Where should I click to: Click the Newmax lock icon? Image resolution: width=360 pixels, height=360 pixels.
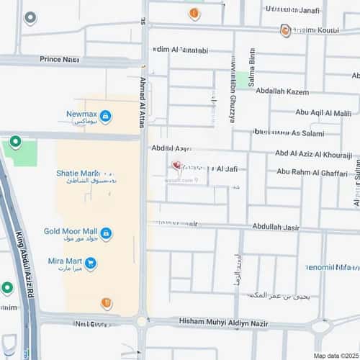pos(105,116)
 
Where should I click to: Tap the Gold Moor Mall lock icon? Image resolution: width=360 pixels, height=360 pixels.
pos(106,233)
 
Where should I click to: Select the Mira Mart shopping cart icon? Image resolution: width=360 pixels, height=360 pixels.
pos(90,264)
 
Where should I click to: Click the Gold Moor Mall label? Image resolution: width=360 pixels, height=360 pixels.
pos(71,232)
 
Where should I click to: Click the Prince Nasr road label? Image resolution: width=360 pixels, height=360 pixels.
pos(60,59)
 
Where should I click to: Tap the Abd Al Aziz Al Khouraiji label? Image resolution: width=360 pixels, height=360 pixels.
pos(313,154)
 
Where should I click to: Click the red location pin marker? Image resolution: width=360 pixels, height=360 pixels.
pos(176,166)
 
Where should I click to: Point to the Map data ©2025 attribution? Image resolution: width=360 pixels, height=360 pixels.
pos(335,356)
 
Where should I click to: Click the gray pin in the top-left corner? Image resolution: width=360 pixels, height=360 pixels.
pos(30,17)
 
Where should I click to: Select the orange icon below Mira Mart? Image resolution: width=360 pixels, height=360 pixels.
pos(106,302)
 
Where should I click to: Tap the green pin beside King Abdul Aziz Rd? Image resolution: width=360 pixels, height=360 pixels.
pos(7,288)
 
